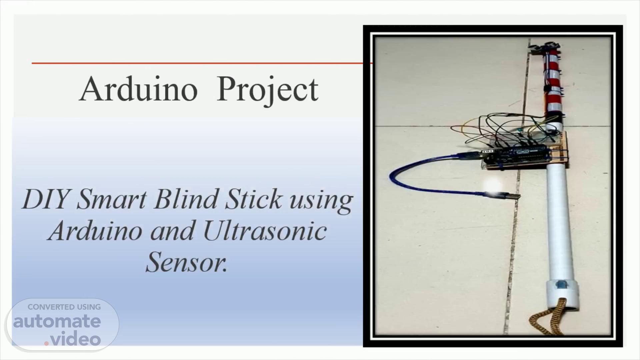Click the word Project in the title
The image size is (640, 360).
point(267,91)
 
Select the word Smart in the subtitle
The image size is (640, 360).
point(112,199)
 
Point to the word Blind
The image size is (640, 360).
point(186,199)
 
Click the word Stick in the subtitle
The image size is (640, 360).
point(254,199)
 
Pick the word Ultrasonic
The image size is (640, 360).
point(265,231)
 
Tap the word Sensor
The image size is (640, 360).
point(187,262)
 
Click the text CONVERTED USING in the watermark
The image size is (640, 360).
point(64,307)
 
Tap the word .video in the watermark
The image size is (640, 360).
point(73,339)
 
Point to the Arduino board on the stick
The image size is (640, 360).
point(515,157)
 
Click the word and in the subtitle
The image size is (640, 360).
point(172,231)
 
